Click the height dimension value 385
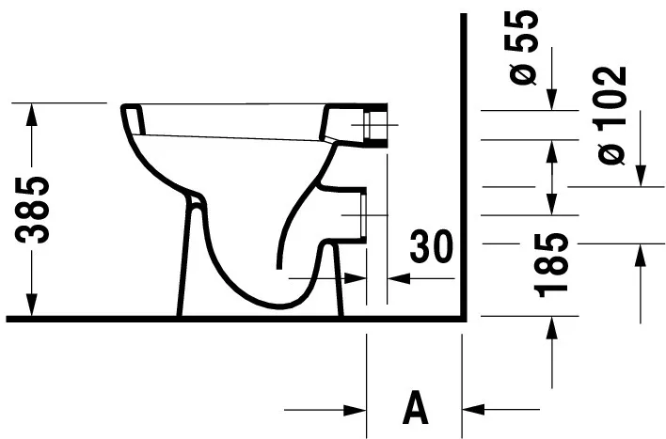click(x=36, y=209)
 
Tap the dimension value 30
click(x=430, y=246)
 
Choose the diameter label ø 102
click(x=610, y=115)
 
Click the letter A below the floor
click(x=414, y=409)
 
